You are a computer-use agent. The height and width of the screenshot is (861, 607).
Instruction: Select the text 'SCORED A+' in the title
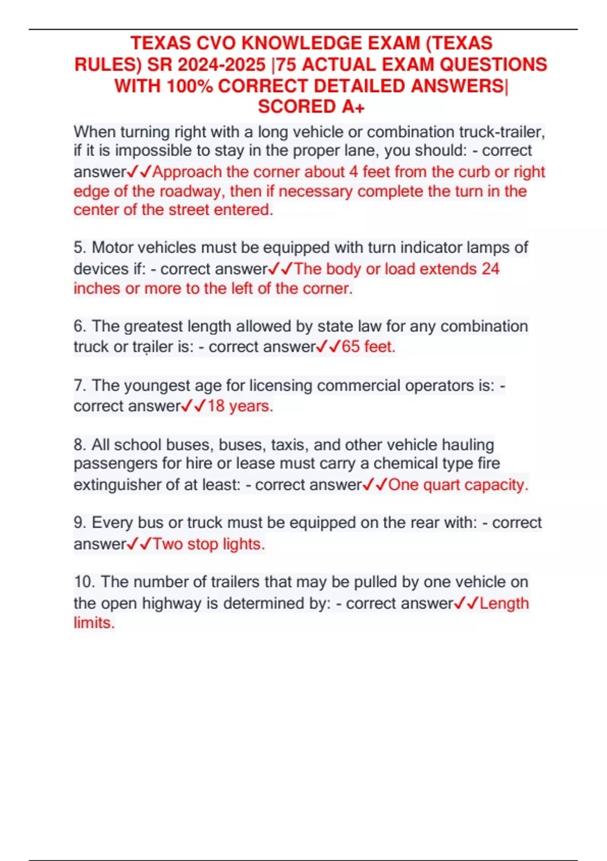pyautogui.click(x=311, y=107)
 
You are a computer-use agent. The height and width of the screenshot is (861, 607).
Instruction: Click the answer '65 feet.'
pyautogui.click(x=368, y=347)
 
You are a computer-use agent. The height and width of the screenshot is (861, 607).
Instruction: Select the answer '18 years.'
pyautogui.click(x=240, y=406)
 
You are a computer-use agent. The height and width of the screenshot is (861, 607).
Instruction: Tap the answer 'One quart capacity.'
pyautogui.click(x=458, y=485)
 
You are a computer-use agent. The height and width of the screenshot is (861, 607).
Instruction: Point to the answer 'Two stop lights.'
pyautogui.click(x=209, y=544)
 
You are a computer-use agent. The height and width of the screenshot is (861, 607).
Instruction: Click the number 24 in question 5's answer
pyautogui.click(x=490, y=268)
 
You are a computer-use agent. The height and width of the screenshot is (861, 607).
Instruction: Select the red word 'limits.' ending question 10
pyautogui.click(x=94, y=622)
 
